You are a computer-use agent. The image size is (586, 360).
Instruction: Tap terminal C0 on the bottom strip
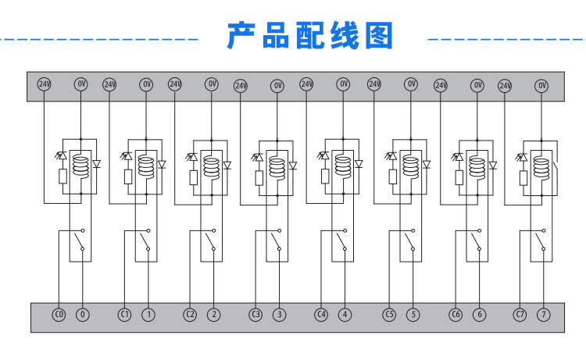click(x=58, y=315)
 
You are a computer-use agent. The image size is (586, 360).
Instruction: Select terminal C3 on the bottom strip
click(x=255, y=315)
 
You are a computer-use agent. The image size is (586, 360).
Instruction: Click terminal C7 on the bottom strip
click(x=520, y=315)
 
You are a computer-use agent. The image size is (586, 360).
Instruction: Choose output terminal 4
click(x=345, y=315)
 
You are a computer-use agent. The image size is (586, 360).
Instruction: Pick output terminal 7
click(x=545, y=315)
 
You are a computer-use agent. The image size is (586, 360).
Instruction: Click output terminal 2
click(x=213, y=315)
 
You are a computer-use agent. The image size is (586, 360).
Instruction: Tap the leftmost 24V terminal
click(x=44, y=84)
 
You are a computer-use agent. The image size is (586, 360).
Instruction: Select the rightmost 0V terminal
click(x=542, y=84)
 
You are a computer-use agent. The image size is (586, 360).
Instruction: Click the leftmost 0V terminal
click(x=80, y=84)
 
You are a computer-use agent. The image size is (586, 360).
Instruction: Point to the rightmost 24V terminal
click(x=505, y=84)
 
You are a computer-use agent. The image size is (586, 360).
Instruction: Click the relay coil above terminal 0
click(x=79, y=166)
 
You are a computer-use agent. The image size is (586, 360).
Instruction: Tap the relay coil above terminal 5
click(x=410, y=166)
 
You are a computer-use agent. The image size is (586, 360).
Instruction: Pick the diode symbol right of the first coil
click(x=97, y=165)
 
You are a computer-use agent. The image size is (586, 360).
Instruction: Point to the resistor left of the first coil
click(x=62, y=177)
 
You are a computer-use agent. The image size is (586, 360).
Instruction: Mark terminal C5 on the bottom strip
click(x=388, y=315)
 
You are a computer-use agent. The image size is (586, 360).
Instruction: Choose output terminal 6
click(x=479, y=315)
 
